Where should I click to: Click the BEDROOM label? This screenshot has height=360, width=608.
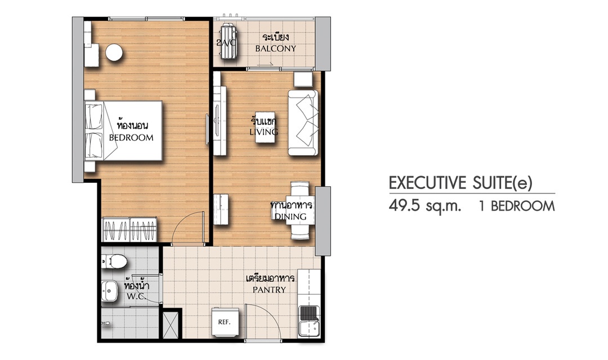coord(131,138)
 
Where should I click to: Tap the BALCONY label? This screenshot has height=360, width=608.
coord(275,49)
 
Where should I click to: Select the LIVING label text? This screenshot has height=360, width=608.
coord(263,132)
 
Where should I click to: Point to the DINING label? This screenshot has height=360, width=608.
coord(290,217)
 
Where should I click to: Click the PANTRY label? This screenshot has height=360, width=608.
coord(270,290)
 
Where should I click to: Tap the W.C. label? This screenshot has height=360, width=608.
coord(136,297)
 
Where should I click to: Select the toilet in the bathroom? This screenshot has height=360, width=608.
coord(114,262)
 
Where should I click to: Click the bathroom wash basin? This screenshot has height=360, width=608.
coord(110,291)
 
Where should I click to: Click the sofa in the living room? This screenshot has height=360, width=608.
coord(303,123)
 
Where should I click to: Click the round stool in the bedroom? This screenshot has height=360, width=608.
coord(114,52)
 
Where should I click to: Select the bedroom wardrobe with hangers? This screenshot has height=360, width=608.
coord(129,229)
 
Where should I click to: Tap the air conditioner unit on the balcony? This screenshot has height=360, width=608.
coord(227,42)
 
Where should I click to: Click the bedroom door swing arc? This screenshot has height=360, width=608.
coord(179,222)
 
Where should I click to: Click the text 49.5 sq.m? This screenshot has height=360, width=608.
coord(425,206)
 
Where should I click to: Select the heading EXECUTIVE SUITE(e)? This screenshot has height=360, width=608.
coord(461,183)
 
